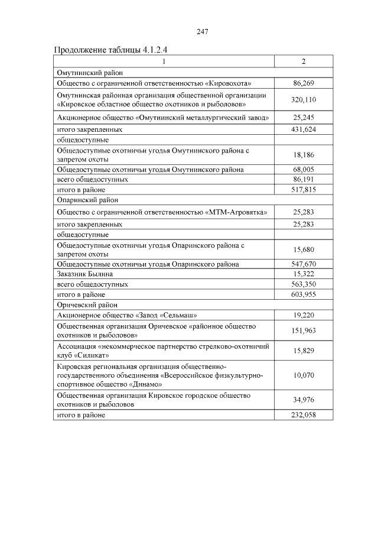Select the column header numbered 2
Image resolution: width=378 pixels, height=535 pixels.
[x=304, y=61]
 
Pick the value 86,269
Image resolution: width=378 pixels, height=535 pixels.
[x=304, y=83]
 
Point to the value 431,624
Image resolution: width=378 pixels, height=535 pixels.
[x=304, y=128]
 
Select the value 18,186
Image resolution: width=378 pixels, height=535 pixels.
[x=304, y=155]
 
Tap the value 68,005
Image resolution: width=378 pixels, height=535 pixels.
[x=304, y=169]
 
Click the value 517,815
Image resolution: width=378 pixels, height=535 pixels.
[x=304, y=189]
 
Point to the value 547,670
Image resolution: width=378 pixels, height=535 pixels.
[x=304, y=264]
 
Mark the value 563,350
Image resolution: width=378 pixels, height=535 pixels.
[x=304, y=284]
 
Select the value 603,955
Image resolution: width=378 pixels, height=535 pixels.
[x=304, y=294]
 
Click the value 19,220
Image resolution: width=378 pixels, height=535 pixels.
[x=304, y=316]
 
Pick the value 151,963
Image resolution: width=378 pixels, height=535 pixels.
[x=304, y=330]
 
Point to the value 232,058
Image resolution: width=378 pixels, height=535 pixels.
[x=304, y=415]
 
